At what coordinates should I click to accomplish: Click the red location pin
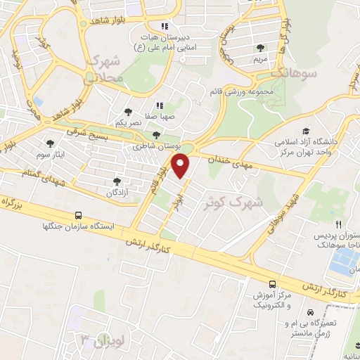[182, 167]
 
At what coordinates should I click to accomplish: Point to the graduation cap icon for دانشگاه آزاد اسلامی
[306, 131]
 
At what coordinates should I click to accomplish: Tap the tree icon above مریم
[262, 48]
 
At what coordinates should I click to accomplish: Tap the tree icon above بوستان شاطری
[156, 136]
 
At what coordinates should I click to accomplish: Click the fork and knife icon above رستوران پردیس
[339, 224]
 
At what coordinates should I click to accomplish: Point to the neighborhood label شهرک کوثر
[239, 201]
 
